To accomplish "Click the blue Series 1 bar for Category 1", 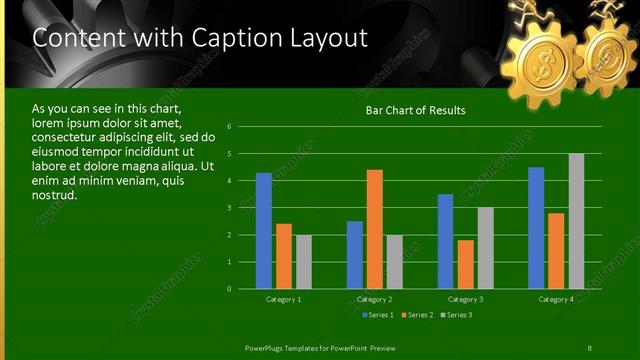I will click(264, 231).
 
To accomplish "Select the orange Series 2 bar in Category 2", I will click(375, 229).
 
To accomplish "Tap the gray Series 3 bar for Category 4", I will click(576, 221).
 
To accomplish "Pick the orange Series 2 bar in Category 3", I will click(465, 264).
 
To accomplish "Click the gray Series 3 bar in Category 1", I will click(303, 262).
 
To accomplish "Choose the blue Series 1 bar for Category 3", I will click(446, 241).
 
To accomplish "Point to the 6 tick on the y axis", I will click(230, 127).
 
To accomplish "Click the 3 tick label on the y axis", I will click(230, 208).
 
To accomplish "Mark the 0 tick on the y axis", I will click(230, 289).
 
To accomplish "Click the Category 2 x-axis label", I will click(375, 299).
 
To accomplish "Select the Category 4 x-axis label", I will click(556, 299).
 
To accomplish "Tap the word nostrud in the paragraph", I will click(55, 194).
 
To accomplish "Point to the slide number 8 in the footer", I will click(589, 347).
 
